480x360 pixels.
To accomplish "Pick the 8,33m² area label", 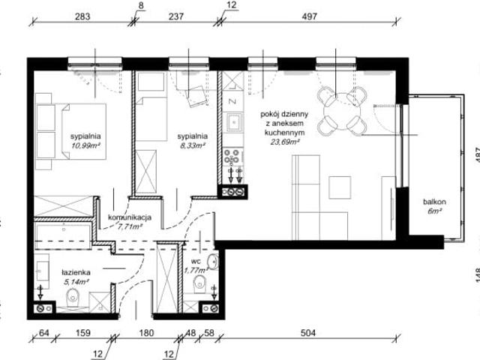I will click(191, 146).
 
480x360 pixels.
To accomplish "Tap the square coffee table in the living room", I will click(340, 187).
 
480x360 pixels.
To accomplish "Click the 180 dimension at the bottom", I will click(146, 333).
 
